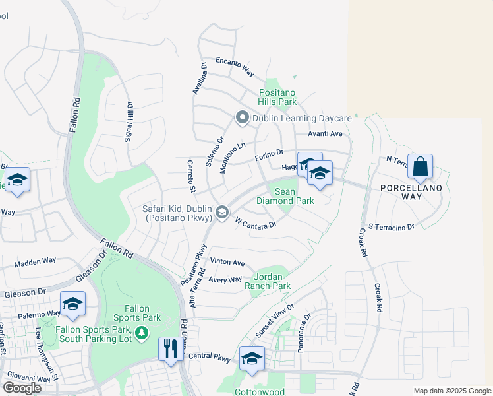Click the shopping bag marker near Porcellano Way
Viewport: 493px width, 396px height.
point(420,167)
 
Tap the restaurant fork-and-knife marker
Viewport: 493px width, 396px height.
point(171,348)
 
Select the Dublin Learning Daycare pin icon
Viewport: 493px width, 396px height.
point(242,118)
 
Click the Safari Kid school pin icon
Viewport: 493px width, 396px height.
point(222,213)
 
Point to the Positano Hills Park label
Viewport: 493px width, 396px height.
point(277,97)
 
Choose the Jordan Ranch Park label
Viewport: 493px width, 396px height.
point(268,281)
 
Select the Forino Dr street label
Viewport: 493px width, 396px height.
point(269,157)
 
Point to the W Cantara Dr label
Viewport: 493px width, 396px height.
point(255,225)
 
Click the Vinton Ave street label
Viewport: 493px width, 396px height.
point(227,262)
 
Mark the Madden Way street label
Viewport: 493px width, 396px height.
point(36,261)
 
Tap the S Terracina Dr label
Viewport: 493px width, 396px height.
point(391,227)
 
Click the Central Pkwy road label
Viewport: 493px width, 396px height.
point(209,358)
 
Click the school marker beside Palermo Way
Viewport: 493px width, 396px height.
point(72,304)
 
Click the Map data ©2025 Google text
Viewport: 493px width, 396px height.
point(451,391)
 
